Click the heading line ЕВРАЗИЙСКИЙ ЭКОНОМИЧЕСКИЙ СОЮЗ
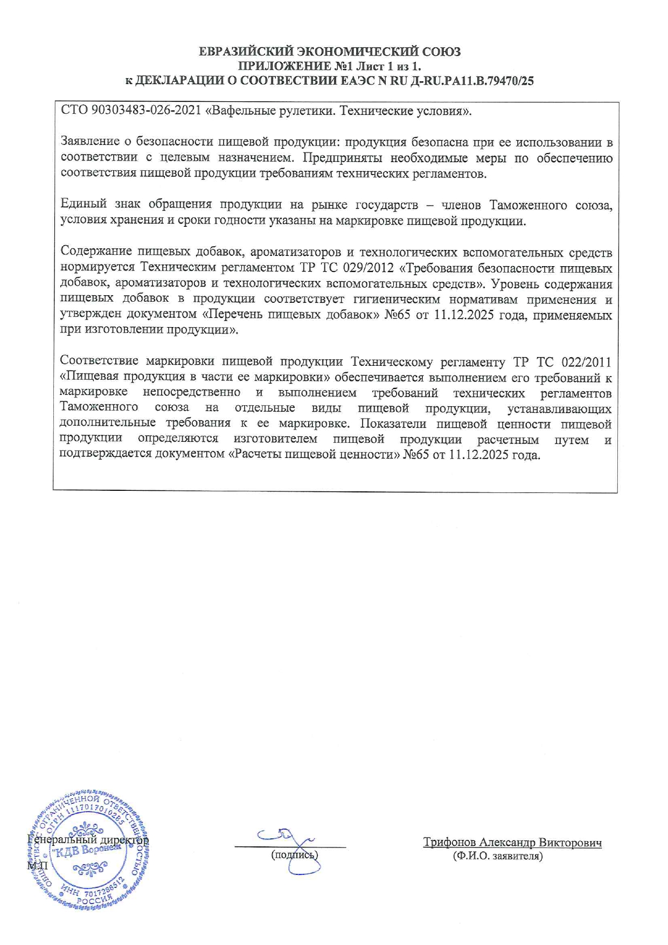point(330,52)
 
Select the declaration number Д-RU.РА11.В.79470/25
point(472,81)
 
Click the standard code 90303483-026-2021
point(147,112)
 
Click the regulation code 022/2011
point(586,362)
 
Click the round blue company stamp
point(88,851)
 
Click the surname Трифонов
point(449,843)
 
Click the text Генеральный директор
point(88,840)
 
